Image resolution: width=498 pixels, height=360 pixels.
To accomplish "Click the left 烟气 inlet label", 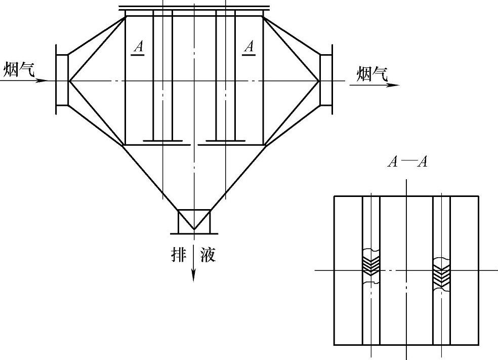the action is [19, 69].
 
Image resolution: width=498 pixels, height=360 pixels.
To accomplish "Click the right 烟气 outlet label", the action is [372, 74].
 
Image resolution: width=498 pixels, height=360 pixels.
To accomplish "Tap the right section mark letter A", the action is [250, 48].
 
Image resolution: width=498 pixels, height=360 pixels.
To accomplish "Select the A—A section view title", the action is [407, 162].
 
